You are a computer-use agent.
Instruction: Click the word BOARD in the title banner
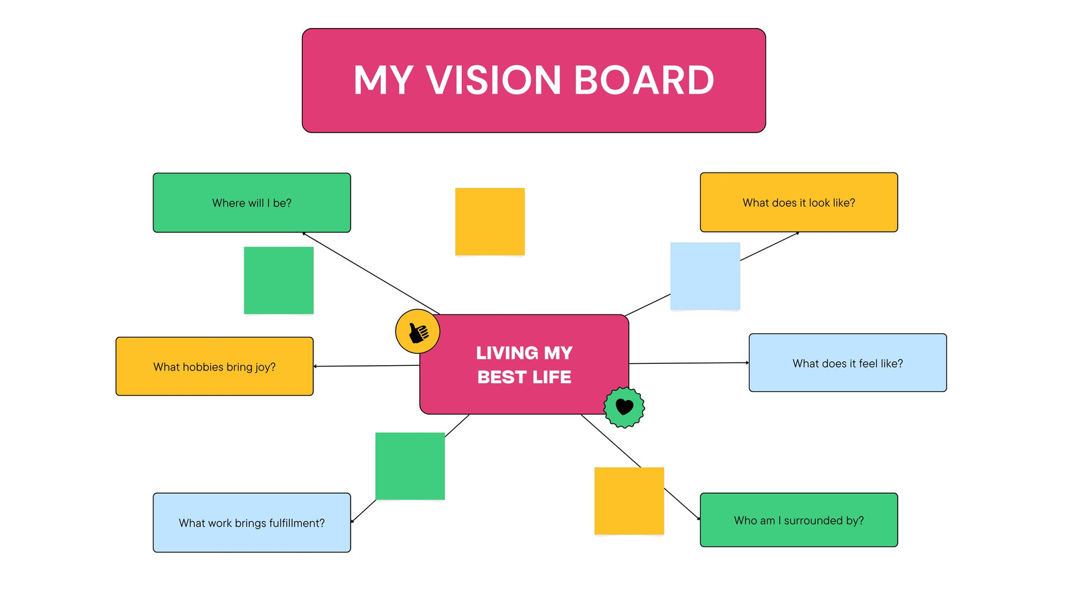tap(643, 80)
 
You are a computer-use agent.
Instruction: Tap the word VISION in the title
tap(493, 80)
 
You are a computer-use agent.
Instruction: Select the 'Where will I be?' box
tap(252, 203)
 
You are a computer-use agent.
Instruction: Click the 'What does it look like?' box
tap(799, 203)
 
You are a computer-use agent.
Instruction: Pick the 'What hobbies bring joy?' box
tap(215, 367)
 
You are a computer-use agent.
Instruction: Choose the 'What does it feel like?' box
tap(847, 363)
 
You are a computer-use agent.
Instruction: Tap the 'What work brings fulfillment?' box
tap(252, 522)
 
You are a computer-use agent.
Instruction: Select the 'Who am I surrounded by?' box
tap(799, 520)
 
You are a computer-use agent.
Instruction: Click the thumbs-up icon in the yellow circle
tap(418, 332)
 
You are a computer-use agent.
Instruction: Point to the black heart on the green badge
tap(625, 407)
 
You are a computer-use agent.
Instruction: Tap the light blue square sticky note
tap(706, 276)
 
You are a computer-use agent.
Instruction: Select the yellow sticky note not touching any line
tap(490, 221)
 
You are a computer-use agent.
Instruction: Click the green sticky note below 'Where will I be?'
tap(278, 280)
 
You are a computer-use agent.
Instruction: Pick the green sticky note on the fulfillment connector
tap(410, 466)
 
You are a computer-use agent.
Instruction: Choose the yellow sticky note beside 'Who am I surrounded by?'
tap(629, 501)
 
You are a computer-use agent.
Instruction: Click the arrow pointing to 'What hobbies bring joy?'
tap(367, 366)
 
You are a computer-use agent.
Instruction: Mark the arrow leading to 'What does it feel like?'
tap(689, 363)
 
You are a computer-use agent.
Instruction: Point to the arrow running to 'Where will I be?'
tap(371, 274)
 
